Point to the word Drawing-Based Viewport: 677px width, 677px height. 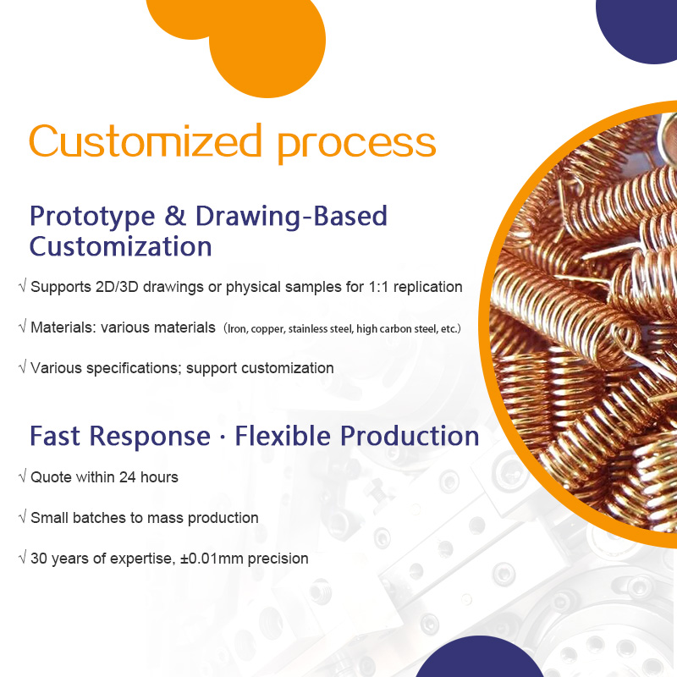pyautogui.click(x=291, y=217)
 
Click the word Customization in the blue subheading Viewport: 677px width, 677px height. pyautogui.click(x=120, y=247)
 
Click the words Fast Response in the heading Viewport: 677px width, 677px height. pyautogui.click(x=119, y=436)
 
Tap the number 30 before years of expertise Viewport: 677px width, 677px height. pyautogui.click(x=39, y=559)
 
